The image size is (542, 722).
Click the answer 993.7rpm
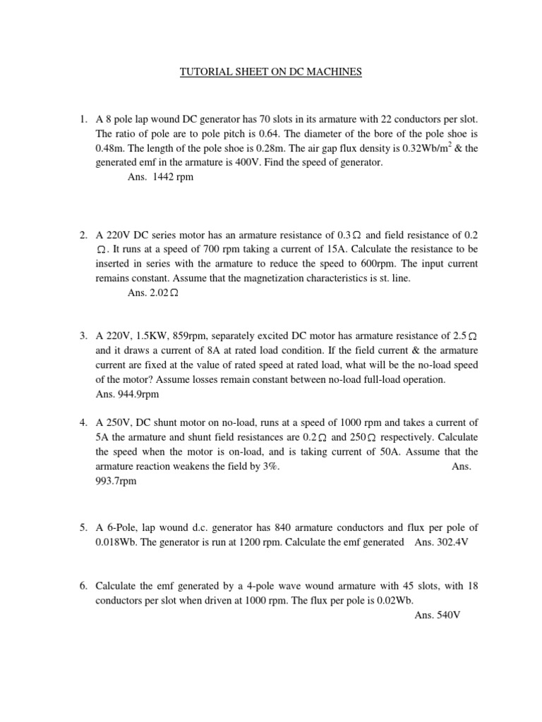pyautogui.click(x=116, y=482)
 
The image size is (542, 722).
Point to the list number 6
pyautogui.click(x=83, y=585)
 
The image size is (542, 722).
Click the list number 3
pyautogui.click(x=83, y=336)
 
